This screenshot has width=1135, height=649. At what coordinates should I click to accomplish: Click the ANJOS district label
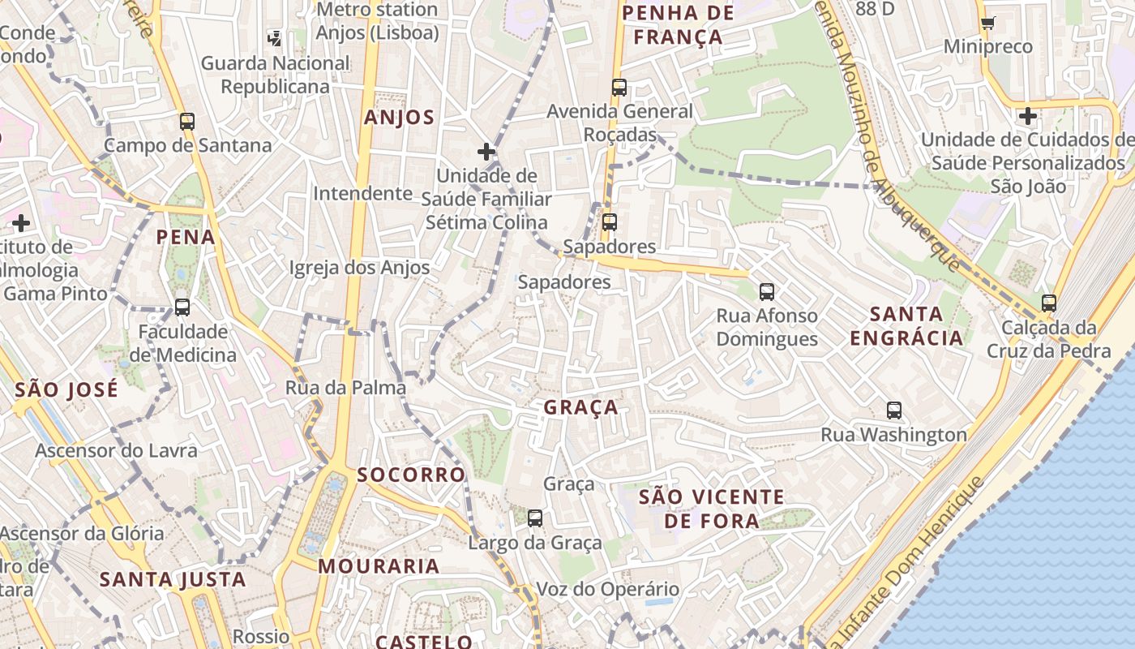399,118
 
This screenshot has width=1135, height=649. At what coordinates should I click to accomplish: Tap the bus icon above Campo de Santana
187,122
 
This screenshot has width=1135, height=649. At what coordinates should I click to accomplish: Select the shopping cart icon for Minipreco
987,23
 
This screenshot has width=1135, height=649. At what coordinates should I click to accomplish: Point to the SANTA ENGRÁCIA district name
906,325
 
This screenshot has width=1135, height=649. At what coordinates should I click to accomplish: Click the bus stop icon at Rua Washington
894,410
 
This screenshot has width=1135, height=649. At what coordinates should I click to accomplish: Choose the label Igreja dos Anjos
359,268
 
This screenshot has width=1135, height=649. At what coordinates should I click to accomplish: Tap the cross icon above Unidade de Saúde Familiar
486,152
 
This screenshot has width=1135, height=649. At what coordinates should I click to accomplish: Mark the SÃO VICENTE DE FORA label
711,509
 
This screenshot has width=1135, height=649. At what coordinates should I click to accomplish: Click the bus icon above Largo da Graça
535,518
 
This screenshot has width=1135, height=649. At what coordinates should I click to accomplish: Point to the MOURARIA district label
379,566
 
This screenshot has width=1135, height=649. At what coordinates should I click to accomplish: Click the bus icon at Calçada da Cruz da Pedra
1049,303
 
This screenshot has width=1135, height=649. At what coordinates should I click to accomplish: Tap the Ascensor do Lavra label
116,450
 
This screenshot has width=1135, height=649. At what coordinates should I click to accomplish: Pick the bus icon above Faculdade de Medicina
182,307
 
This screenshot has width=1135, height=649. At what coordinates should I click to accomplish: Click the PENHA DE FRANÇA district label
678,25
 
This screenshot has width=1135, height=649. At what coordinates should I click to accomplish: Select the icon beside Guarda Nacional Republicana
275,37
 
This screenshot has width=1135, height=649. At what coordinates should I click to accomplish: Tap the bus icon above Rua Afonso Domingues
767,291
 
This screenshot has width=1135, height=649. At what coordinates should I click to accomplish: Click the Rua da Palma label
345,388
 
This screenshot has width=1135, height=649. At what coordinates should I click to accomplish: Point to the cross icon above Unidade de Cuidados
1028,116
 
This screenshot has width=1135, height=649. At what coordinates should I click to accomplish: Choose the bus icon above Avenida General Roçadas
619,88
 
